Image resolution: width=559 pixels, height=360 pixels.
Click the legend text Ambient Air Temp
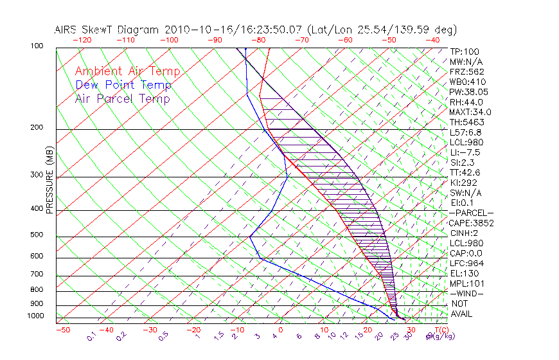point(128,71)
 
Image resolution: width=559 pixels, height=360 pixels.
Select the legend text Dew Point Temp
point(123,85)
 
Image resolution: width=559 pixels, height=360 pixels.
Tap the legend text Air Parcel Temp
point(123,98)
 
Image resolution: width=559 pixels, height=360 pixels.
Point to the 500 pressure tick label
point(37,235)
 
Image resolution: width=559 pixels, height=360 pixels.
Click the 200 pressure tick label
point(37,128)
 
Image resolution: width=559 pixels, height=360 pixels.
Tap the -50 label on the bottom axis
point(62,330)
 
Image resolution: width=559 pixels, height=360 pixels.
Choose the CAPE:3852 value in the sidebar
point(470,223)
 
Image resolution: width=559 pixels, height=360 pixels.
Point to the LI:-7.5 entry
point(465,152)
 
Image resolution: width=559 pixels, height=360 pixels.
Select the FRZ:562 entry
point(467,71)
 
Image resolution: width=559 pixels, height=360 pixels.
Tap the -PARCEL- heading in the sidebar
point(471,213)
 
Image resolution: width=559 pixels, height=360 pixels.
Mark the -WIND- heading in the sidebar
point(467,293)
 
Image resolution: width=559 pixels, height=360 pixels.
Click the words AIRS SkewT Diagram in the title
point(108,30)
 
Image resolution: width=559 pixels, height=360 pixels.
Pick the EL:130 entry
point(463,273)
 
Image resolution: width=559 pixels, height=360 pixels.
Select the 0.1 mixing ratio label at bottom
point(92,335)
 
